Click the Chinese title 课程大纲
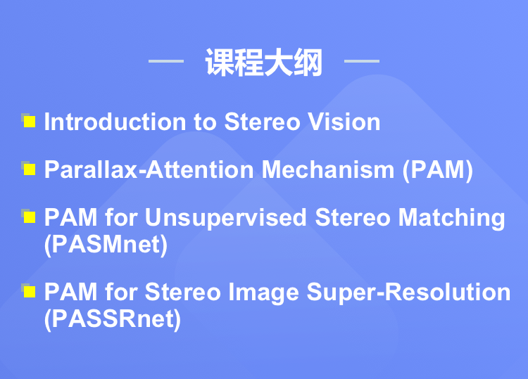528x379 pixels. [264, 62]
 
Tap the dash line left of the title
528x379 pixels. [166, 61]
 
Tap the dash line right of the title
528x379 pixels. [362, 61]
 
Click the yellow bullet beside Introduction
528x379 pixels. [29, 121]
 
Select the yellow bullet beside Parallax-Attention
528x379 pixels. [29, 169]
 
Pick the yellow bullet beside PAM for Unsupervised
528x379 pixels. [29, 217]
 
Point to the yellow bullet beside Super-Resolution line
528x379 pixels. [29, 291]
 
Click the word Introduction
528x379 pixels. [115, 122]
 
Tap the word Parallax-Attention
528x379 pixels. [149, 169]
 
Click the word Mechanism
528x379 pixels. [328, 169]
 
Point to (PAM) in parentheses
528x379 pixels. [438, 170]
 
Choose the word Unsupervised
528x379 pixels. [225, 217]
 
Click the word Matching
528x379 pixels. [451, 218]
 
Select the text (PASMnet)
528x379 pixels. [106, 245]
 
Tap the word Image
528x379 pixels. [264, 293]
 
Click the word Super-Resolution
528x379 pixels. [408, 293]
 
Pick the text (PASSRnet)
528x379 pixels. [113, 319]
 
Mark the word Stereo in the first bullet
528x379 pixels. [262, 122]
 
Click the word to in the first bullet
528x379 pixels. [205, 122]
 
